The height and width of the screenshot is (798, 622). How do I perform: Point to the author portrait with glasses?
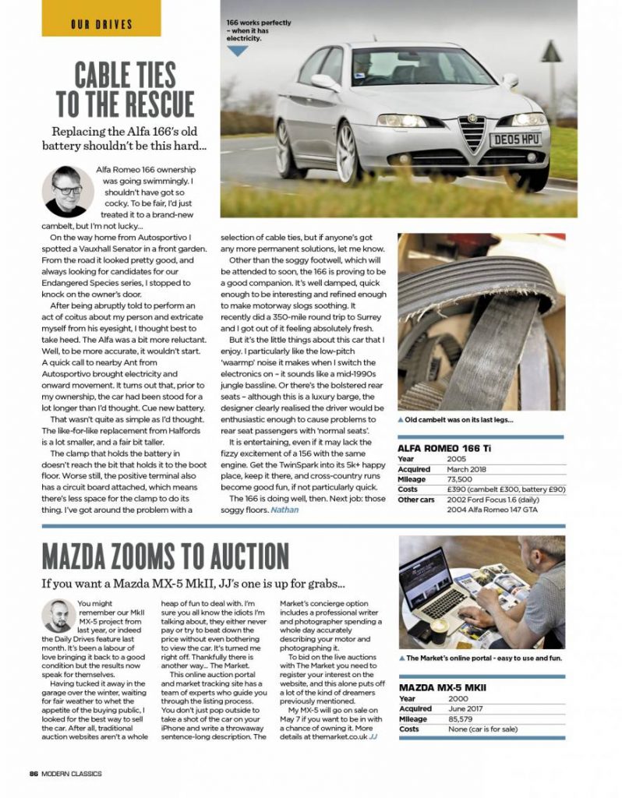point(66,190)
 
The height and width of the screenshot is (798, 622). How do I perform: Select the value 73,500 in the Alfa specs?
point(461,479)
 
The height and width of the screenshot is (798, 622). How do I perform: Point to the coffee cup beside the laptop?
point(440,627)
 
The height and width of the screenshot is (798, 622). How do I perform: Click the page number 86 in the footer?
point(34,773)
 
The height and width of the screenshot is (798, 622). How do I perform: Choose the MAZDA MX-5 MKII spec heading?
point(442,687)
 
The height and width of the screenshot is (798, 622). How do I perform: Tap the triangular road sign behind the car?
point(551,52)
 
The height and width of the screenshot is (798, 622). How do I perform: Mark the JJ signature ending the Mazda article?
point(373,736)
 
